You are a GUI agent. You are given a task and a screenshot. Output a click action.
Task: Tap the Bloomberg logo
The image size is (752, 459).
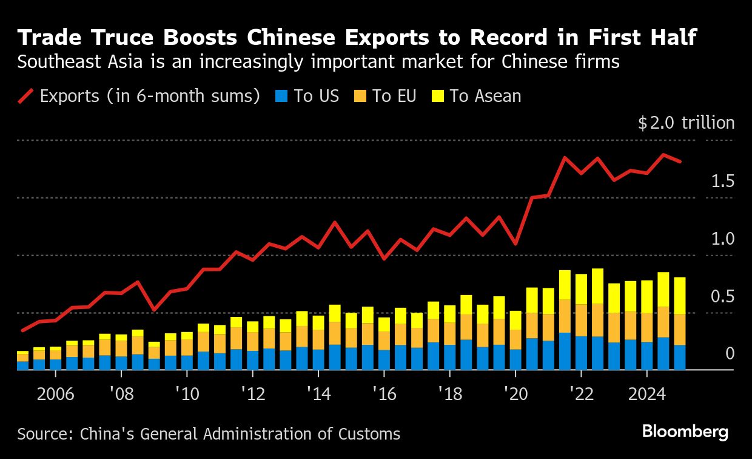pos(685,432)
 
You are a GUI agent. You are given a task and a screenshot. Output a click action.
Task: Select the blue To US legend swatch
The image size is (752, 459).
pos(280,96)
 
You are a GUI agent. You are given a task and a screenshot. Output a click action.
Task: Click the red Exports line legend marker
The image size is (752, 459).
pos(26,96)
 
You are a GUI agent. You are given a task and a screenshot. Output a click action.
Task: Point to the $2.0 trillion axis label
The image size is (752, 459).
pos(686,123)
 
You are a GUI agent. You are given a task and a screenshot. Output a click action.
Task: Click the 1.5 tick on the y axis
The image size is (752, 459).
pos(722,182)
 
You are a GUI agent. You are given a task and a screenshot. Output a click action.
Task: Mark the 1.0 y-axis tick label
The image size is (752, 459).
pos(722,239)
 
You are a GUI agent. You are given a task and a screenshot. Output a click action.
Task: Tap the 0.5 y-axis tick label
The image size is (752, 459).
pos(722,296)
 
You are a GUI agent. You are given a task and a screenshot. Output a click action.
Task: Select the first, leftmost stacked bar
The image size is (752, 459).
pos(23,361)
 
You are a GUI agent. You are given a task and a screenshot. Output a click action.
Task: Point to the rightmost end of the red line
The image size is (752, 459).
pos(680,162)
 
